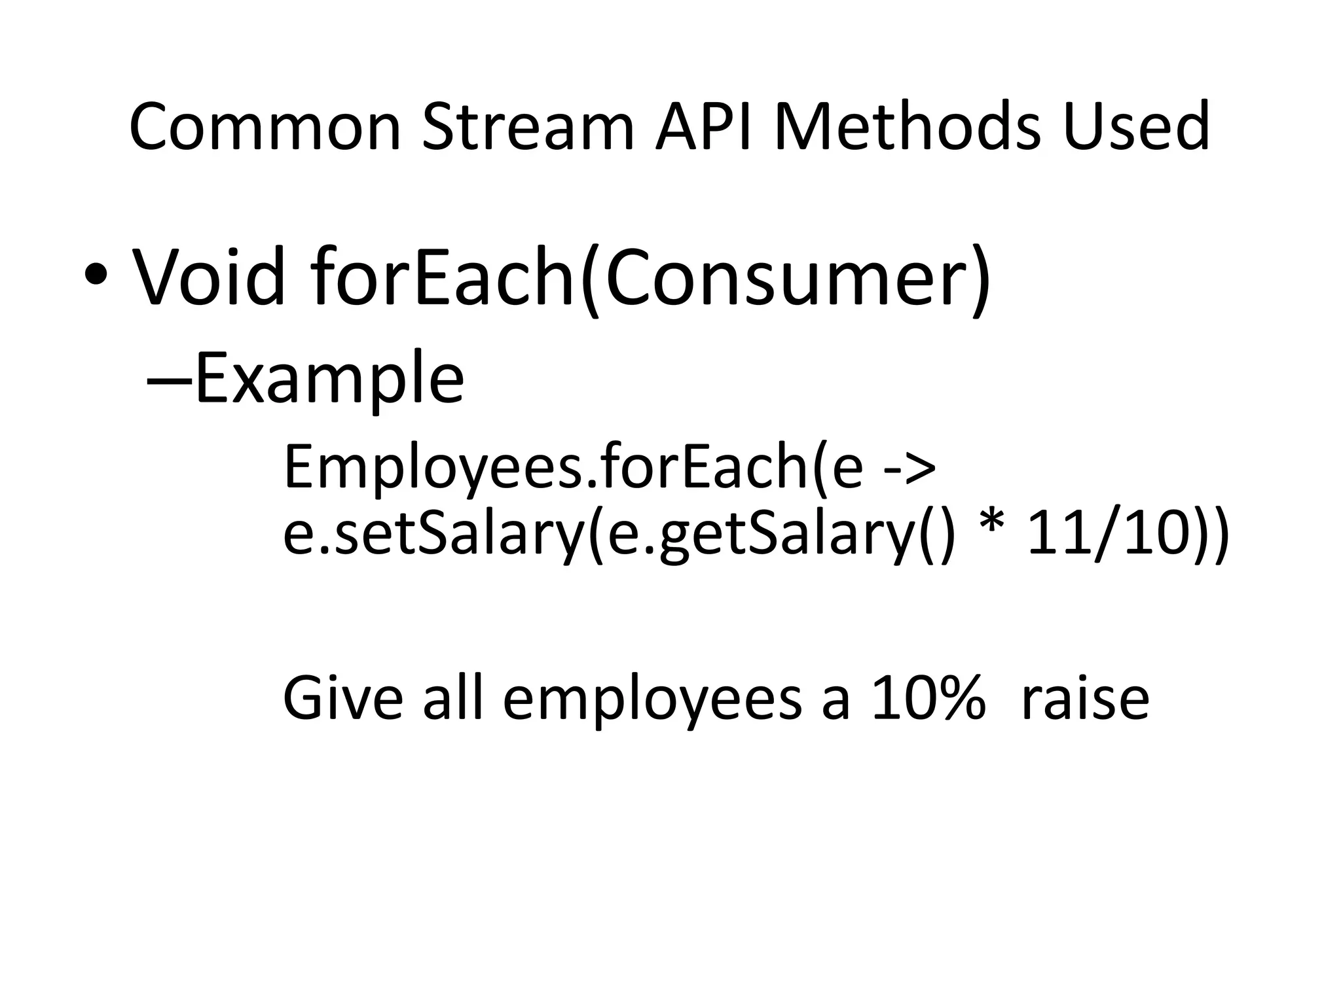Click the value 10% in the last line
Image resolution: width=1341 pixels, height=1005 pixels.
pos(928,698)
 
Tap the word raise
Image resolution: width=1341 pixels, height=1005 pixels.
pos(1084,698)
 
